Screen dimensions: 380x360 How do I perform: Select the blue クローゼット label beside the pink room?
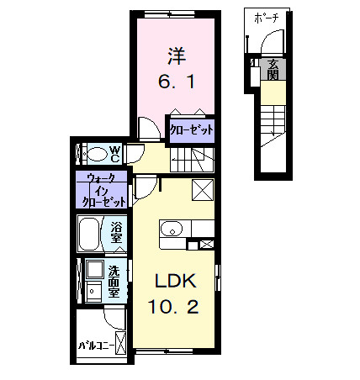pyautogui.click(x=191, y=130)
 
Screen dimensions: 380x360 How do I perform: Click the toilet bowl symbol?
pyautogui.click(x=98, y=154)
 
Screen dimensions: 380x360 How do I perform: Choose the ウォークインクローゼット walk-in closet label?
pyautogui.click(x=103, y=190)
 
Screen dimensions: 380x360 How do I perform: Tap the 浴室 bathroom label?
pyautogui.click(x=117, y=231)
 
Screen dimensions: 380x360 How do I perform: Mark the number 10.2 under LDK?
pyautogui.click(x=174, y=307)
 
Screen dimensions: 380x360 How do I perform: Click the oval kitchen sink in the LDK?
pyautogui.click(x=172, y=229)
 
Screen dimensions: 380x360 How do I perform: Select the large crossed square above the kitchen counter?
pyautogui.click(x=203, y=190)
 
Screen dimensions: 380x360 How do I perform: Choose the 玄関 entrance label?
pyautogui.click(x=274, y=67)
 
